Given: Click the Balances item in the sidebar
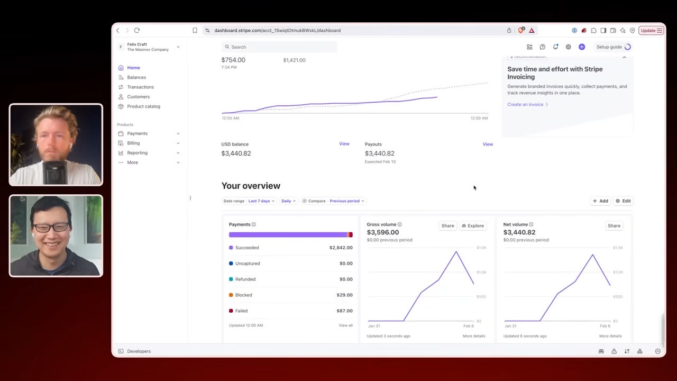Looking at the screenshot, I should click(x=136, y=77).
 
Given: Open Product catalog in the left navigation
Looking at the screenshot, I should click(x=143, y=106).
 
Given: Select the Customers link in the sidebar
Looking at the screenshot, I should click(x=138, y=97).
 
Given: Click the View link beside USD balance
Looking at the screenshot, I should click(x=344, y=144).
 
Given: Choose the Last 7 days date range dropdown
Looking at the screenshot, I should click(x=261, y=201).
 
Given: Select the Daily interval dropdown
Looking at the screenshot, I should click(x=288, y=201).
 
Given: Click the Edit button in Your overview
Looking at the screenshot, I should click(x=623, y=201).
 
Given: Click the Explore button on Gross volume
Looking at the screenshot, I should click(x=473, y=226).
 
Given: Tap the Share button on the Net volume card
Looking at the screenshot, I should click(x=614, y=226).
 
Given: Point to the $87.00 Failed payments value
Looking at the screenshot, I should click(x=344, y=311).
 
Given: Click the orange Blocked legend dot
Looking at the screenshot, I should click(x=231, y=295).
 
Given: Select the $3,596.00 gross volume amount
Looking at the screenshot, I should click(x=382, y=232).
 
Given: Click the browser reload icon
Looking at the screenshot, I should click(x=137, y=31).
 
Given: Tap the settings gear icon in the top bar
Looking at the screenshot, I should click(x=569, y=47).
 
